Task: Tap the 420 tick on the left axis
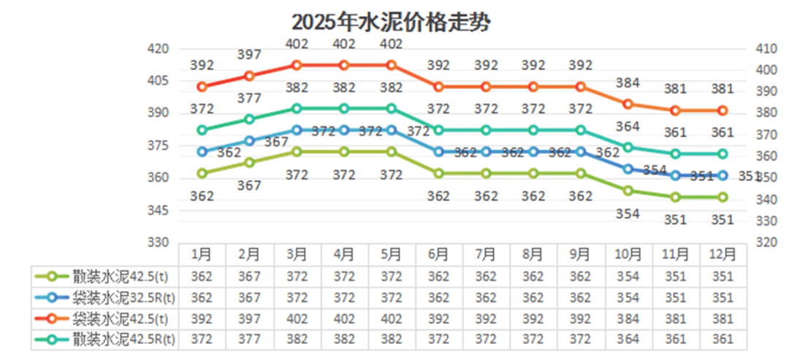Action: point(159,49)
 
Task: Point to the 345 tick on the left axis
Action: point(159,210)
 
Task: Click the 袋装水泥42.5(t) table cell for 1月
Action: point(202,318)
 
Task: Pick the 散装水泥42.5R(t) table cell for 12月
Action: point(723,339)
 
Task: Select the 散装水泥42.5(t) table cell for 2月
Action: point(250,276)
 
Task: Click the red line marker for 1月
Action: point(202,87)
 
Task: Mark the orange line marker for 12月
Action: point(723,110)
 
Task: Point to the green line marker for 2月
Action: point(250,162)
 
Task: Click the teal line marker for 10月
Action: point(628,148)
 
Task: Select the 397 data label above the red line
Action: point(250,55)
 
